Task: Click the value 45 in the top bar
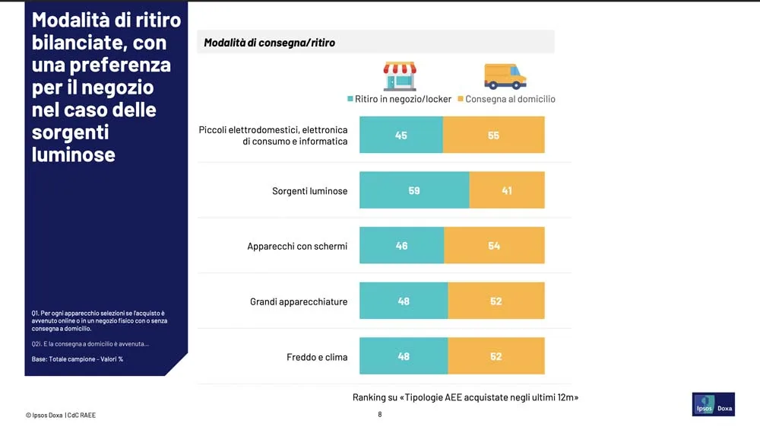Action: coord(401,135)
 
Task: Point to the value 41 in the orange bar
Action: coord(507,190)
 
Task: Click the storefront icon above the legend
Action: coord(400,76)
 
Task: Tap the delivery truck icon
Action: coord(505,76)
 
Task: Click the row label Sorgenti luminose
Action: coord(309,191)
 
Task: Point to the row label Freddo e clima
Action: coord(317,357)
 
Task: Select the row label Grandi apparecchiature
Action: coord(299,301)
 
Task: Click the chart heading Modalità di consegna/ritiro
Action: coord(269,43)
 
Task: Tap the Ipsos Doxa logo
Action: coord(714,405)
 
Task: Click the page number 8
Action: coord(380,415)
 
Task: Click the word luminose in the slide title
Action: coord(74,154)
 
